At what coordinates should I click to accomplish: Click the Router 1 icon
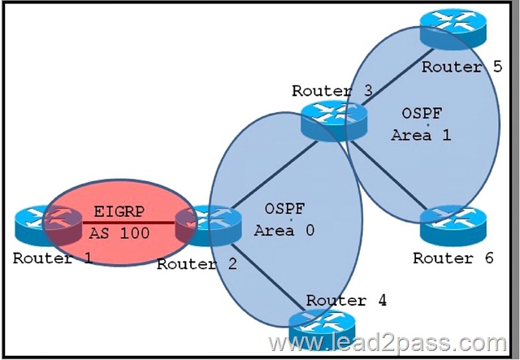tap(49, 225)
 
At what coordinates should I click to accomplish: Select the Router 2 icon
tap(208, 226)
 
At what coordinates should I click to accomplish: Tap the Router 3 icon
tap(334, 121)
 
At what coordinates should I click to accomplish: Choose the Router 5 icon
tap(453, 29)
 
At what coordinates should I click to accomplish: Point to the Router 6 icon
tap(453, 227)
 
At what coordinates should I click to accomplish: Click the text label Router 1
tap(53, 258)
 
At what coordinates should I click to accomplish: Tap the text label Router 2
tap(197, 264)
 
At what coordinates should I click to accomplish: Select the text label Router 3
tap(332, 91)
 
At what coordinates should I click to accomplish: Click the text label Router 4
tap(346, 301)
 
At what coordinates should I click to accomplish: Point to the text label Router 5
tap(462, 67)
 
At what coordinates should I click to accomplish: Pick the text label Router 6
tap(453, 258)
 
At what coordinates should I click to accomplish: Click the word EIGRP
tap(119, 211)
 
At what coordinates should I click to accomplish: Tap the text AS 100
tap(119, 233)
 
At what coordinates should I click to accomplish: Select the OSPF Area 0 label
tap(284, 219)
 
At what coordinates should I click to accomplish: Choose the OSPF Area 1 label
tap(421, 124)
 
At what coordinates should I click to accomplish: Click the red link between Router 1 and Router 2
tap(128, 223)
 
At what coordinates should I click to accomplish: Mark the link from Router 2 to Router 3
tap(275, 175)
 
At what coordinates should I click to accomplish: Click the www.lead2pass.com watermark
tap(388, 344)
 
